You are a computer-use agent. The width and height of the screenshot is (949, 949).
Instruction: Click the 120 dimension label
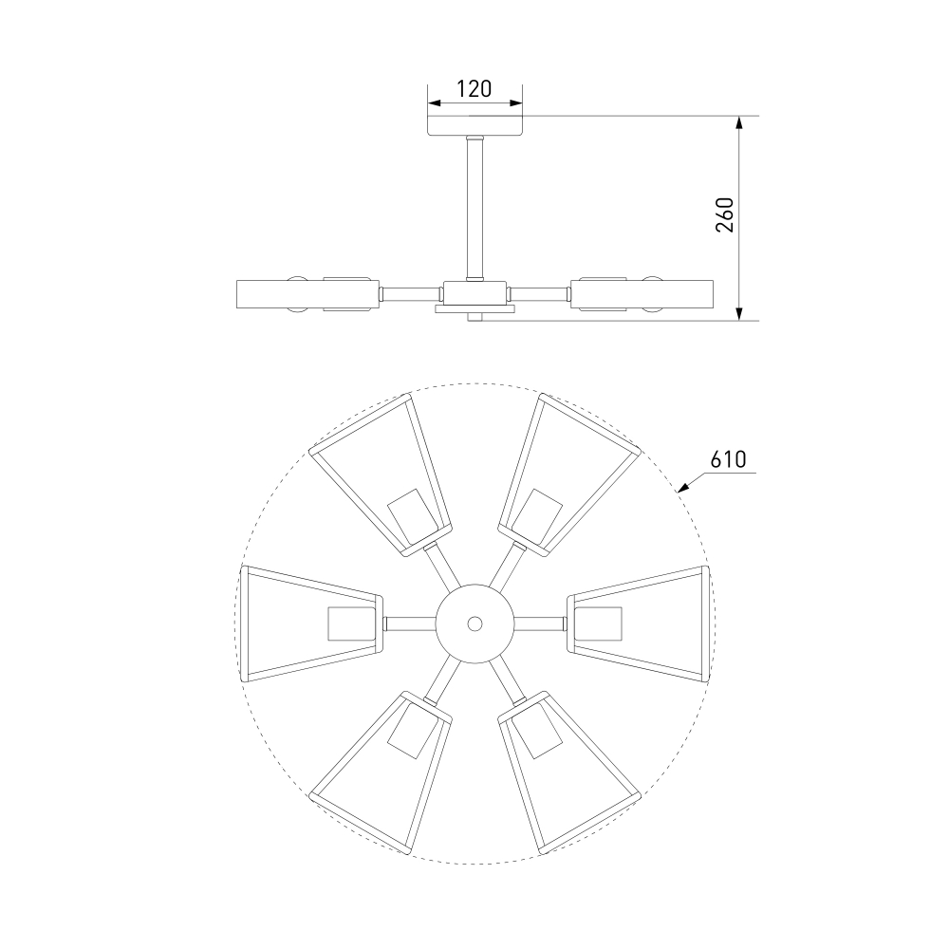pos(474,89)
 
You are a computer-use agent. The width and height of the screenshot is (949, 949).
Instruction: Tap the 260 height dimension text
pos(724,214)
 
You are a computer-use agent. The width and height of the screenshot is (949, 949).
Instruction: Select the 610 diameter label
pos(728,460)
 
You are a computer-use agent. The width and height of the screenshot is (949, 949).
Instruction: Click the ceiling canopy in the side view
pos(475,125)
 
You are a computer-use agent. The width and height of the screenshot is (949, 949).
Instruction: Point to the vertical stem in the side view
pos(475,209)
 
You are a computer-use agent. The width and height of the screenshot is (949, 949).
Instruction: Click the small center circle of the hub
pos(475,623)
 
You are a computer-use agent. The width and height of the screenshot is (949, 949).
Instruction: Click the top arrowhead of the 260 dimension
pos(738,122)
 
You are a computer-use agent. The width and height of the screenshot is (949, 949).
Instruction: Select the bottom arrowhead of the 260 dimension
pos(738,313)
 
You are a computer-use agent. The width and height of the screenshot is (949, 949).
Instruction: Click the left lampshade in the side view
pos(307,294)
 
